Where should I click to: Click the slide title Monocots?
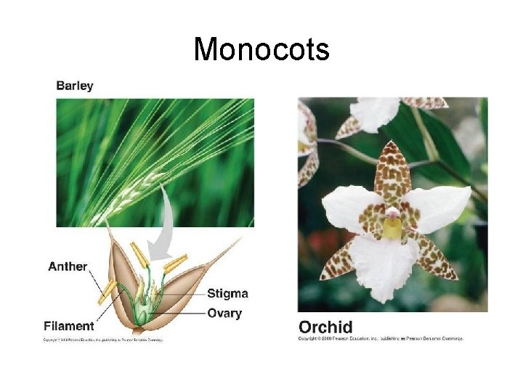point(261,49)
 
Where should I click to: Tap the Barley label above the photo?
point(75,86)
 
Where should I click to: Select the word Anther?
point(68,266)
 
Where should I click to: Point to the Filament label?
point(69,326)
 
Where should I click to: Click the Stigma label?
point(227,294)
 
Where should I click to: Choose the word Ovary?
point(224,314)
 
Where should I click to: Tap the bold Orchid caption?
point(325,327)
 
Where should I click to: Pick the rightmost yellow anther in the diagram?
point(175,263)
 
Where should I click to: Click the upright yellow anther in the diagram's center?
point(139,255)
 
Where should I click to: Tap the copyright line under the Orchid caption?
point(380,339)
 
